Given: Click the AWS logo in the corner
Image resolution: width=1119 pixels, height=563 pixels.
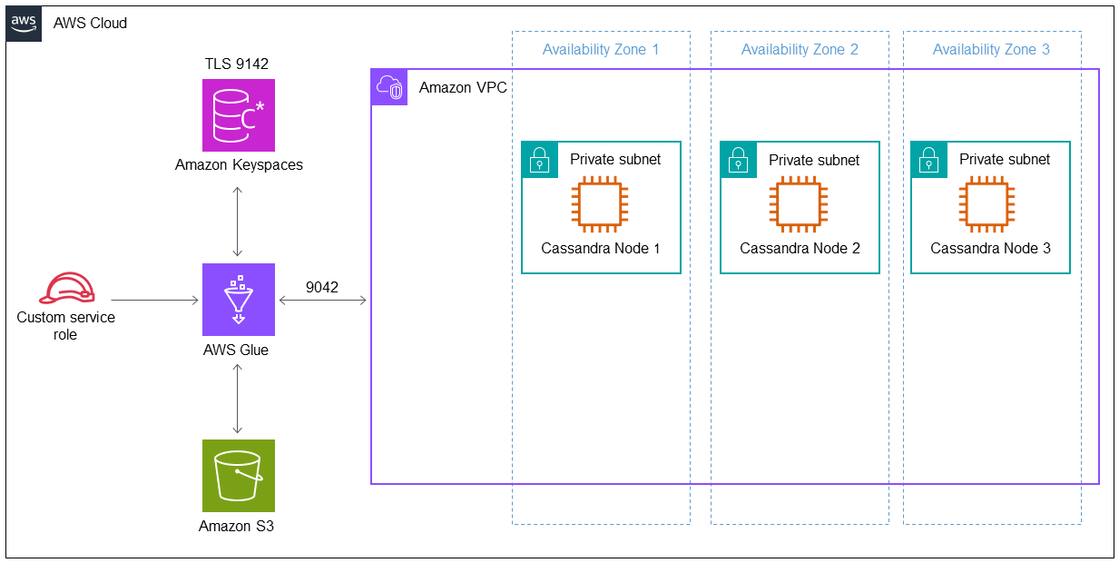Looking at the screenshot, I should tap(25, 23).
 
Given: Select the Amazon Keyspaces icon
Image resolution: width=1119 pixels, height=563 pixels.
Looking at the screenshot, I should tap(238, 115).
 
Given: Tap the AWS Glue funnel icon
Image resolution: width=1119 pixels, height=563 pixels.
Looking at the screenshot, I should tap(238, 300).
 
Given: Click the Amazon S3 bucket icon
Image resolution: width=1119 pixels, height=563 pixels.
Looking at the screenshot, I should tap(238, 476).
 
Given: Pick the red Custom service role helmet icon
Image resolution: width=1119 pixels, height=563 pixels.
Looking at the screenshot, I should tap(66, 288).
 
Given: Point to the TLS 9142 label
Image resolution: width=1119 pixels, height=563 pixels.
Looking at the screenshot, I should tap(237, 64).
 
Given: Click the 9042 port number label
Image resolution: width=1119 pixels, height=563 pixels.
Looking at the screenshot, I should tap(321, 287).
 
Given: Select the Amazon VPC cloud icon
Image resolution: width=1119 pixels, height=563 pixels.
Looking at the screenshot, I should tap(389, 87).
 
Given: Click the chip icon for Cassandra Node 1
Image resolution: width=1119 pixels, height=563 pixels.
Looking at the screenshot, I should tap(600, 203).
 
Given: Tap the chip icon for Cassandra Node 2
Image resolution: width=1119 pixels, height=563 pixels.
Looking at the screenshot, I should tap(799, 203).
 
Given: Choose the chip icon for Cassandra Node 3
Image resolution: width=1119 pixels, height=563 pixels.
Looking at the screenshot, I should tap(990, 203).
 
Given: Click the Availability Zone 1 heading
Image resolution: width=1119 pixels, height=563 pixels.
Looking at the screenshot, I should tap(601, 49).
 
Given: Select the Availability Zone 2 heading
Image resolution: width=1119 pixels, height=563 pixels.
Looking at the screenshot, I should tap(800, 49).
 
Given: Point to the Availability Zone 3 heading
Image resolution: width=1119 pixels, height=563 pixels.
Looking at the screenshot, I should tap(991, 49).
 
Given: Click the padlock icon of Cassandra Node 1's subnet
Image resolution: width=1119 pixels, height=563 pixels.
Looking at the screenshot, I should tap(540, 160).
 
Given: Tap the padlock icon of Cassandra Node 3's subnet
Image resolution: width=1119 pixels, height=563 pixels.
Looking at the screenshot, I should tap(929, 160).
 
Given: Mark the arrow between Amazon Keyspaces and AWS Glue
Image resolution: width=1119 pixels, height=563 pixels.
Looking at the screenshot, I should tap(238, 222).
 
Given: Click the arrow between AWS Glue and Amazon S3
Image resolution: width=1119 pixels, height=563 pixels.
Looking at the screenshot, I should tap(238, 399).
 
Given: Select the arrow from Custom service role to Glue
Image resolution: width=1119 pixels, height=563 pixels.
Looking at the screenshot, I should tap(154, 300).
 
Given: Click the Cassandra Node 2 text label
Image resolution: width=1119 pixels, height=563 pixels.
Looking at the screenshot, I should tap(800, 248).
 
